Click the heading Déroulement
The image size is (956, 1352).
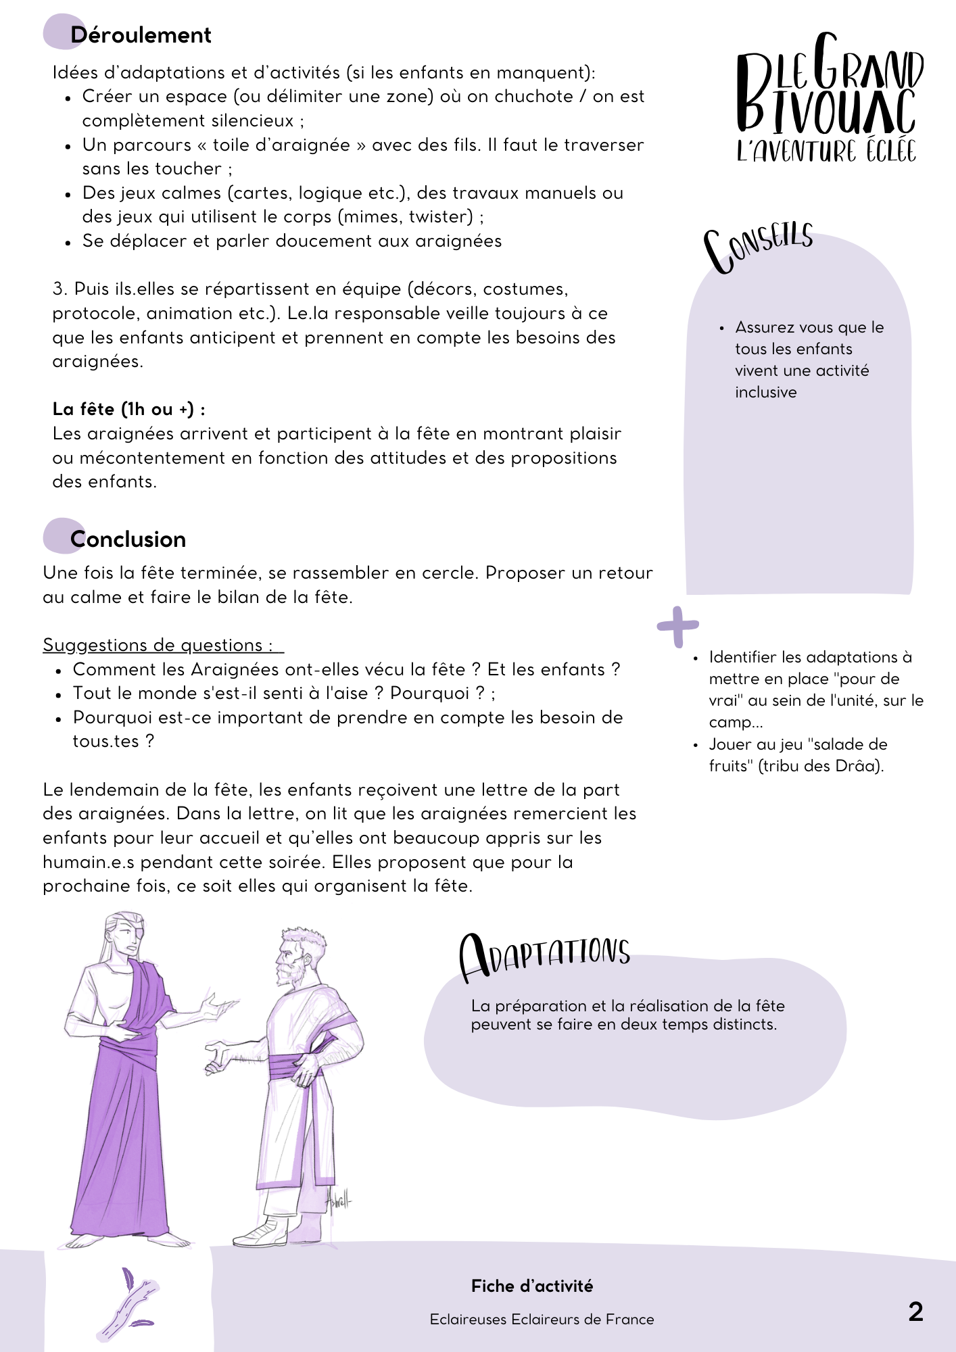click(141, 35)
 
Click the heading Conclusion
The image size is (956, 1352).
click(128, 539)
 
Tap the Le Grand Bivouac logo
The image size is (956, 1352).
click(828, 98)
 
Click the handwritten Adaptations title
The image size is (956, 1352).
click(544, 956)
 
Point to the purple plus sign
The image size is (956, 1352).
click(677, 627)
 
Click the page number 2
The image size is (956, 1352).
click(915, 1311)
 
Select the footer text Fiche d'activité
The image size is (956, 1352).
click(532, 1286)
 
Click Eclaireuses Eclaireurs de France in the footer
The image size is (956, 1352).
click(542, 1319)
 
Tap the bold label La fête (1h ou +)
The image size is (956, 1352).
click(128, 409)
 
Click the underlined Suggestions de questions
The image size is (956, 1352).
click(162, 645)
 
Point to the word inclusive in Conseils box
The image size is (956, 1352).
click(766, 392)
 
